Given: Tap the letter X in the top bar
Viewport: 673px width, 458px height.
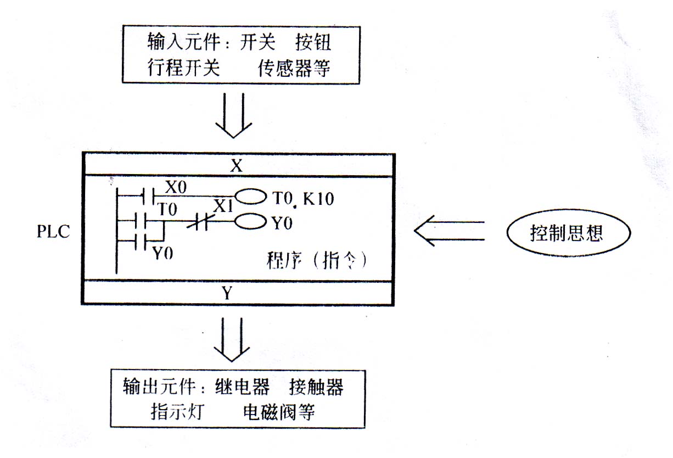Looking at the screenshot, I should [237, 166].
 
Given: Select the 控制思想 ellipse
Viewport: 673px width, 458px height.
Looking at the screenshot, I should [567, 233].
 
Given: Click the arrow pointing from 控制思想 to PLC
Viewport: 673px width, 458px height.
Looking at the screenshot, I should [450, 231].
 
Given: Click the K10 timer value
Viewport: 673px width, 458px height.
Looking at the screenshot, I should [318, 198].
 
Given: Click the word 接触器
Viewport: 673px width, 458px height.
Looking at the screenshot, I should [316, 387].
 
